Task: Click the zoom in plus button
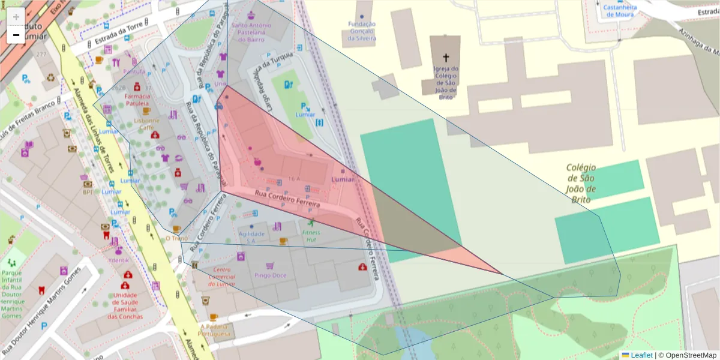pyautogui.click(x=16, y=17)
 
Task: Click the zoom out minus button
pyautogui.click(x=16, y=35)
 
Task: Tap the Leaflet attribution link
pyautogui.click(x=641, y=355)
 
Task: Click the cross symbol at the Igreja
pyautogui.click(x=445, y=58)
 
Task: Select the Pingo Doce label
pyautogui.click(x=270, y=275)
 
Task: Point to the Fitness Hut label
pyautogui.click(x=311, y=236)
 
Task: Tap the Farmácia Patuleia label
pyautogui.click(x=137, y=100)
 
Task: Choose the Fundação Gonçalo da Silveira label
pyautogui.click(x=362, y=31)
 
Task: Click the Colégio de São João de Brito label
pyautogui.click(x=580, y=184)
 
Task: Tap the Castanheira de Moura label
pyautogui.click(x=620, y=11)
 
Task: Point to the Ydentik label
pyautogui.click(x=118, y=260)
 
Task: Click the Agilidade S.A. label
pyautogui.click(x=251, y=237)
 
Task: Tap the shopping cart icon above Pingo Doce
pyautogui.click(x=270, y=265)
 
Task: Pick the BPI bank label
pyautogui.click(x=88, y=192)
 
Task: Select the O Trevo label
pyautogui.click(x=176, y=238)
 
